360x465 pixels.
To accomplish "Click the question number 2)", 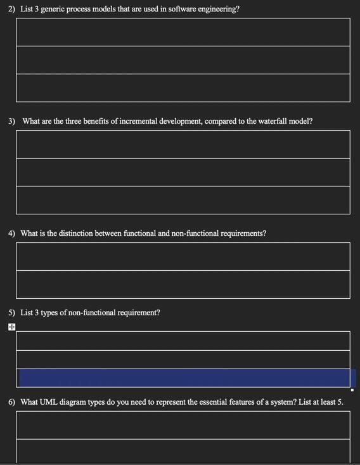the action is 12,10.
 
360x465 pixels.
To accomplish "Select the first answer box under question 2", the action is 183,32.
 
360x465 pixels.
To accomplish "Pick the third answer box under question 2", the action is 183,88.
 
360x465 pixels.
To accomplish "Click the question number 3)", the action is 12,121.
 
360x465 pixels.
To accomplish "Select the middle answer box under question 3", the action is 183,172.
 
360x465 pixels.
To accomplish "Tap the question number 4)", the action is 12,233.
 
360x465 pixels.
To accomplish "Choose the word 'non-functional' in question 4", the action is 195,233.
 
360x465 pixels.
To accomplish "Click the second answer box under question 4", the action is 183,284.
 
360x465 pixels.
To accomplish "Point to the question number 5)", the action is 12,313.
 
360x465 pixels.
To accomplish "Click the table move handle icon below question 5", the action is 12,327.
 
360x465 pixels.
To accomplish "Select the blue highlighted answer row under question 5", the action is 184,378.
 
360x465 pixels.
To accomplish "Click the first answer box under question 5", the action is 183,341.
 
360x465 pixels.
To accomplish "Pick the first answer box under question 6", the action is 183,425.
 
